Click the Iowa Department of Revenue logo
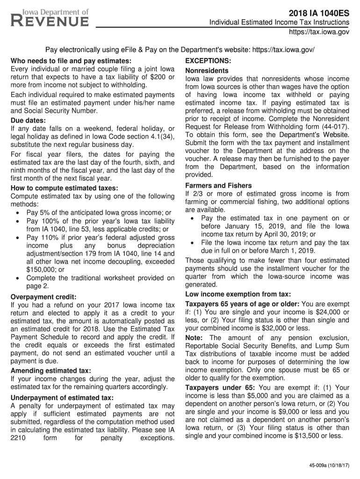(50, 18)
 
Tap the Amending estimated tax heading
(50, 370)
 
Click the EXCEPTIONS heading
(208, 61)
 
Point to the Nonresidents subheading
(207, 70)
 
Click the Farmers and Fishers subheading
(218, 185)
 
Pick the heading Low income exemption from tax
(238, 294)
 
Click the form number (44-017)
(334, 127)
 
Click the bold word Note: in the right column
(194, 338)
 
